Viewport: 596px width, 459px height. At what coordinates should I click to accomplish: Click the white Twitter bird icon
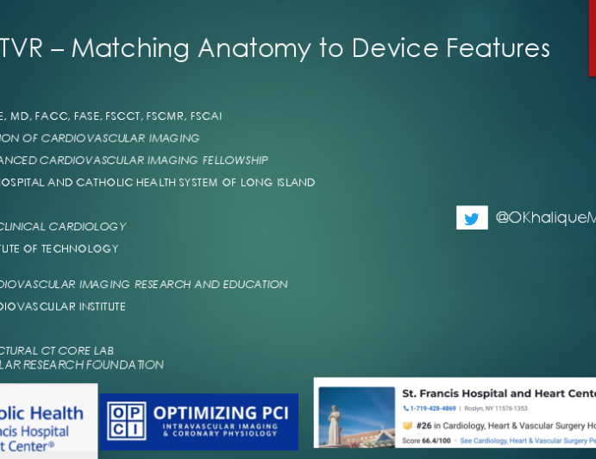472,218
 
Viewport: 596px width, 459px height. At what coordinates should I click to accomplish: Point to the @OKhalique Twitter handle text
544,218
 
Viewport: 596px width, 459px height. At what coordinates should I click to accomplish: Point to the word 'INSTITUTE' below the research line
94,307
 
